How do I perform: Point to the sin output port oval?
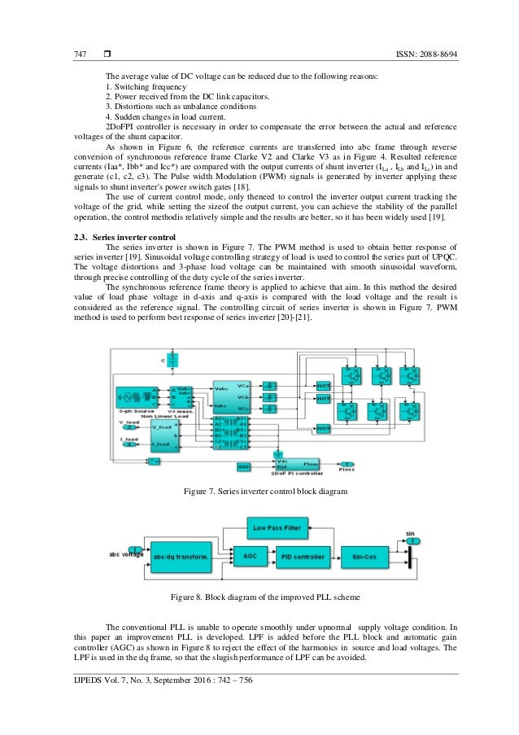coord(412,541)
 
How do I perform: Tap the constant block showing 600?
coord(243,466)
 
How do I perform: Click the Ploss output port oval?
coord(346,462)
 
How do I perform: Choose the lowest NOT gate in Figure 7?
coord(323,428)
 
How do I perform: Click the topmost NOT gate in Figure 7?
coord(323,383)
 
